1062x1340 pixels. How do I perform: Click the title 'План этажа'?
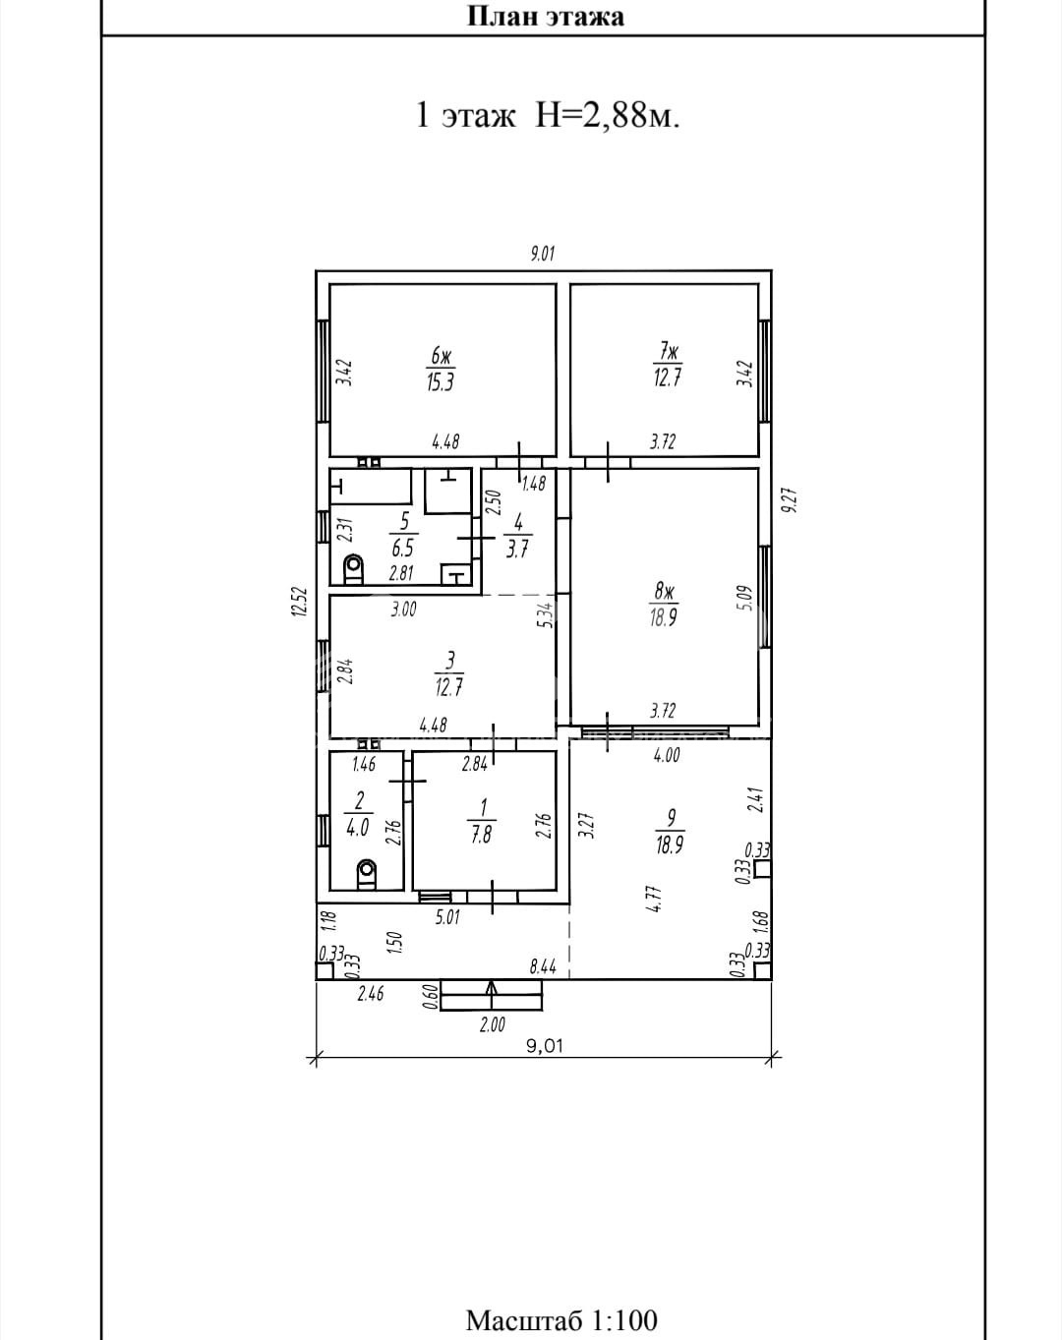pos(545,16)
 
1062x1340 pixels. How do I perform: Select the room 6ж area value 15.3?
pos(440,381)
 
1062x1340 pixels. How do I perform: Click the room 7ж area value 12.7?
pos(667,379)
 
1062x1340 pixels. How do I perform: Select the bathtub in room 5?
pos(371,487)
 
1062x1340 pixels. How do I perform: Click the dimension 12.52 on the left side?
pos(300,602)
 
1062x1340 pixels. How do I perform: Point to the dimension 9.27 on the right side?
pos(791,500)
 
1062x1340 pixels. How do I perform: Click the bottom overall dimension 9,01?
pos(545,1045)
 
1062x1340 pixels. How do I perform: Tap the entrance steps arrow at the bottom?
pos(492,994)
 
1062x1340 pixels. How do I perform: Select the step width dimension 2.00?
pos(492,1023)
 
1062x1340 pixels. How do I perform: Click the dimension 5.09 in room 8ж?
pos(746,598)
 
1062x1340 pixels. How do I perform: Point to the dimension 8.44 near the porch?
pos(543,967)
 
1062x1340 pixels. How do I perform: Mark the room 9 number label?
pos(672,817)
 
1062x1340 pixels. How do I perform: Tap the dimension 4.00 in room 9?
pos(667,755)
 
